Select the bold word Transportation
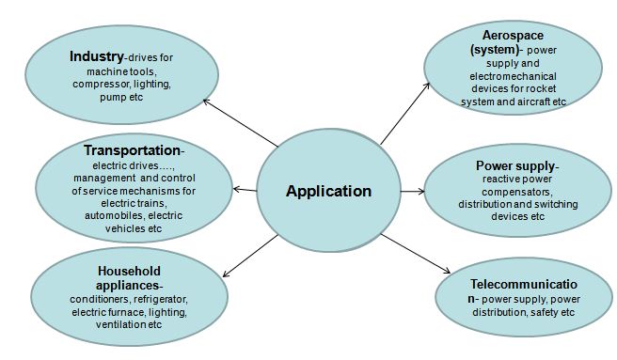(x=130, y=149)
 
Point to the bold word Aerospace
(x=502, y=35)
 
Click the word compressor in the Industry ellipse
(x=101, y=84)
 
